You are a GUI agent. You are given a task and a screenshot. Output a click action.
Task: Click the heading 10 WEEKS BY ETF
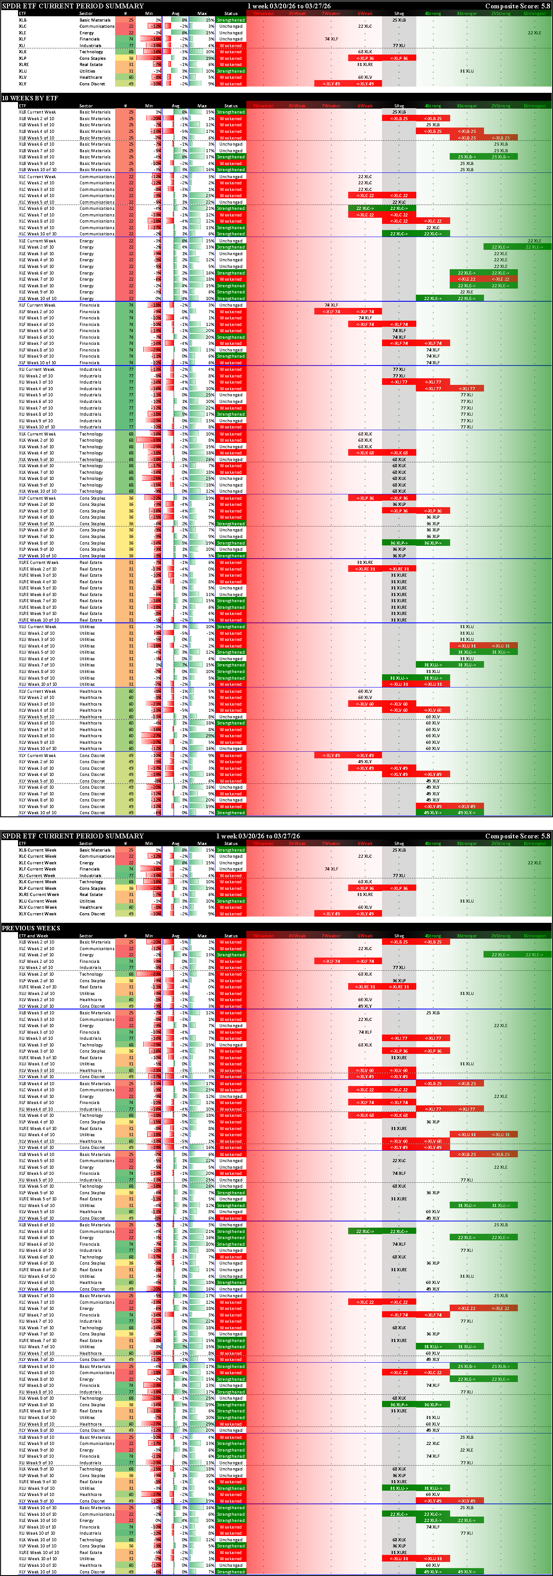click(x=30, y=98)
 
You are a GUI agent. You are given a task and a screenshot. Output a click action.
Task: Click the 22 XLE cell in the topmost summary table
click(x=534, y=33)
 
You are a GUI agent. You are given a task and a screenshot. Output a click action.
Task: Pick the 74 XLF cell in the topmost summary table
click(x=331, y=39)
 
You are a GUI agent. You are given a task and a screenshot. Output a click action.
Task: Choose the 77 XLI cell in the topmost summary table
click(x=399, y=46)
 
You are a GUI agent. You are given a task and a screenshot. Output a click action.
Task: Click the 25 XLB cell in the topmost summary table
click(x=399, y=20)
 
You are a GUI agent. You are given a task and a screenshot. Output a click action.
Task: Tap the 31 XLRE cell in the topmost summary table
click(x=364, y=65)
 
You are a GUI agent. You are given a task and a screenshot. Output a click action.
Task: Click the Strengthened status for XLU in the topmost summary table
click(x=231, y=71)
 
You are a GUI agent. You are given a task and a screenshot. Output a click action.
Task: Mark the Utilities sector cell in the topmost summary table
click(x=87, y=71)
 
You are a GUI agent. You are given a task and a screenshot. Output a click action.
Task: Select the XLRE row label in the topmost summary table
click(x=24, y=65)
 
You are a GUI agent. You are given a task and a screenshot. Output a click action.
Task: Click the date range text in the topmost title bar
click(x=289, y=6)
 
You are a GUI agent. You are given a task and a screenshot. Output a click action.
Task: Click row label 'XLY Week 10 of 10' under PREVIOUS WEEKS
click(x=37, y=1572)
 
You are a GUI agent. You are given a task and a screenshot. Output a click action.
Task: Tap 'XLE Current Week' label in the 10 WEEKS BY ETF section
click(x=37, y=241)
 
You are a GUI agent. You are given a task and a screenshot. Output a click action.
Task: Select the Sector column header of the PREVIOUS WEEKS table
click(x=86, y=936)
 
